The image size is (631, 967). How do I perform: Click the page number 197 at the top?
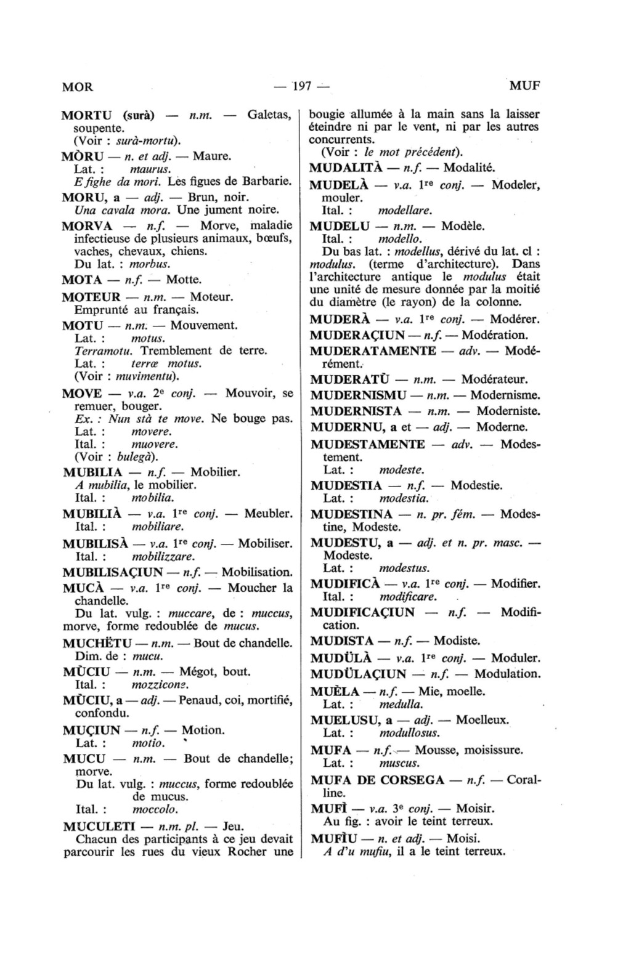(301, 86)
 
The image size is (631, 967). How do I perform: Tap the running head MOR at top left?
(78, 87)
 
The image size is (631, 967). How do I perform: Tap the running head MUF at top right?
(524, 86)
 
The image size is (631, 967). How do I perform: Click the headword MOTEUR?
(92, 297)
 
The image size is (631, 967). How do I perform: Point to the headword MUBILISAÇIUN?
(113, 572)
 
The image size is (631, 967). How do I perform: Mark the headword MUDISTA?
(342, 641)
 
